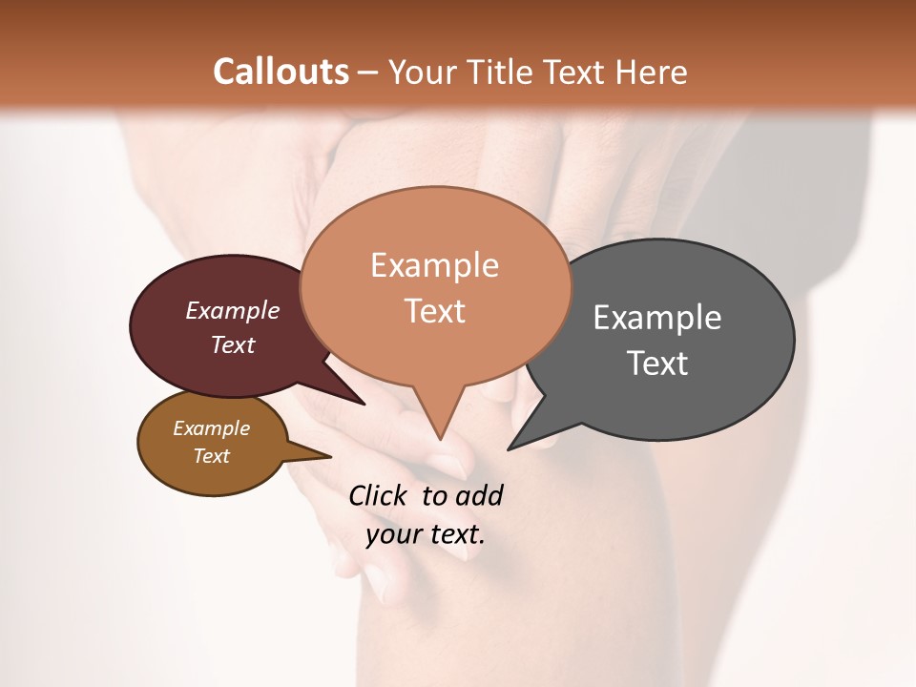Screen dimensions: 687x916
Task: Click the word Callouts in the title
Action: [x=281, y=72]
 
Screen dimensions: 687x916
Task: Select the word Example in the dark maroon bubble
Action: [x=233, y=310]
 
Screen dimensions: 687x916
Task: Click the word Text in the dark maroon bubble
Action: [x=233, y=344]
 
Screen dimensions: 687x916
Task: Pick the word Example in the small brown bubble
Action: [x=211, y=428]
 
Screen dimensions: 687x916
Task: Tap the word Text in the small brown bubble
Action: [x=211, y=456]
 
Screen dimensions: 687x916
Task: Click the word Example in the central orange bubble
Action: [x=434, y=265]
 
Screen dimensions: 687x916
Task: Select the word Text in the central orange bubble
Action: [x=434, y=311]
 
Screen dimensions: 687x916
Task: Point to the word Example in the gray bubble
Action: [x=657, y=318]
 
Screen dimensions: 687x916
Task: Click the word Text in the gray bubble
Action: [x=657, y=364]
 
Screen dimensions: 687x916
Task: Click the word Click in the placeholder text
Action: [x=380, y=495]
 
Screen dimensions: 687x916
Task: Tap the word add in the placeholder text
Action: [x=479, y=495]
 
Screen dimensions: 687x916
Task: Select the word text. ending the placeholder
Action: [x=454, y=533]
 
